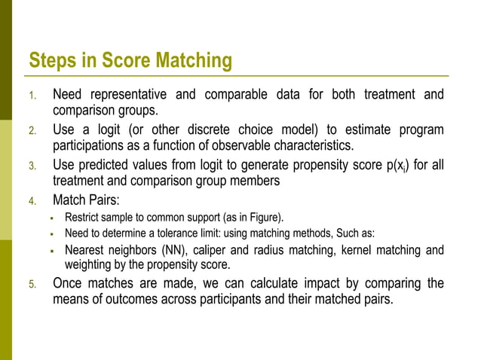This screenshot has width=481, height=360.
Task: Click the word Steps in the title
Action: click(54, 61)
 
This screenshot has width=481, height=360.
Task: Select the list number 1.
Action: click(32, 96)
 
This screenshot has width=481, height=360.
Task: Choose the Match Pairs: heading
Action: click(86, 200)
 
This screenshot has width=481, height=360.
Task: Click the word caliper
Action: click(216, 249)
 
